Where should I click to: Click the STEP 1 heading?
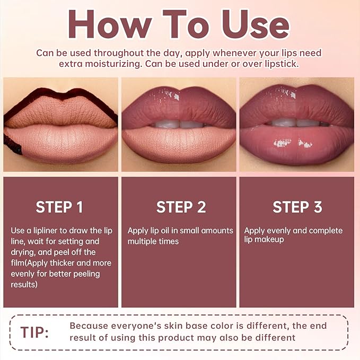[59, 207]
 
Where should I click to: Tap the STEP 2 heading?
[181, 207]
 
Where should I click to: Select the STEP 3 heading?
[297, 207]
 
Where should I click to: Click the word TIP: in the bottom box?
[34, 332]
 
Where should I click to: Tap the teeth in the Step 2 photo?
[179, 124]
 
